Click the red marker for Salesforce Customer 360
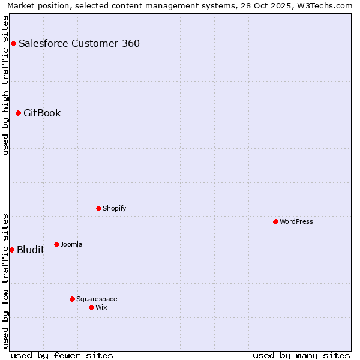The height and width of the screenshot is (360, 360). point(13,43)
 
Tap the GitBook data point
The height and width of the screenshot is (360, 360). point(18,113)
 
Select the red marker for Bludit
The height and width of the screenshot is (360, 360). point(11,250)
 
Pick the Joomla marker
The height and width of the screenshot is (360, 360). point(56,244)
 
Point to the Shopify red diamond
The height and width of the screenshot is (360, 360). point(98,208)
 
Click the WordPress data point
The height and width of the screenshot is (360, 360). point(275,221)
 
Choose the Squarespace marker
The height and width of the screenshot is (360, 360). point(72,299)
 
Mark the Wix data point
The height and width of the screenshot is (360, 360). point(91,307)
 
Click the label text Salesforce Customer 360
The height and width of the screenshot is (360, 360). point(79,43)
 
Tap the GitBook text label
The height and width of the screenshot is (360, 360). point(42,113)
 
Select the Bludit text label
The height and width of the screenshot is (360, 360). point(31,250)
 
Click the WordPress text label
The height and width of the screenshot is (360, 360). point(296,221)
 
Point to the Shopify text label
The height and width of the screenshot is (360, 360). point(115,208)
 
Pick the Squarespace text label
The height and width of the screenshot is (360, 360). point(97,299)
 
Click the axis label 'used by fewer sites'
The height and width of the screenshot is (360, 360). point(62,355)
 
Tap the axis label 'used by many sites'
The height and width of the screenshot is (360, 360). point(301,355)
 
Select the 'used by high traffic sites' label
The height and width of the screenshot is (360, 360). point(6,85)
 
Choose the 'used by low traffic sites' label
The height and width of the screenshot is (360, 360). point(6,280)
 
